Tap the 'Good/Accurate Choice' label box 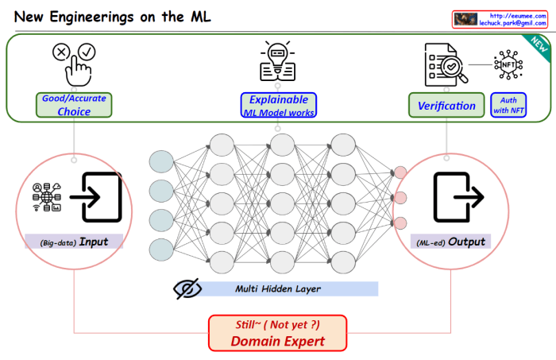[74, 105]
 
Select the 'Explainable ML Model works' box [278, 106]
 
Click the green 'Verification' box [447, 106]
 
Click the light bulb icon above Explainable [277, 63]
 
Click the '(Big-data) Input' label [74, 241]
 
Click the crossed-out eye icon [187, 288]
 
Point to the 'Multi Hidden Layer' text [272, 288]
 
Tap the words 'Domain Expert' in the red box [277, 341]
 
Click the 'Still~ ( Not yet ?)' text [277, 324]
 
